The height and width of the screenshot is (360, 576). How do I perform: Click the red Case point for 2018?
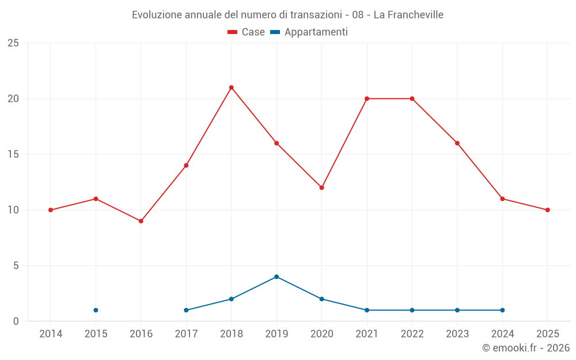pyautogui.click(x=231, y=88)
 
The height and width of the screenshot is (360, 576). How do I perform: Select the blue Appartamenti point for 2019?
pyautogui.click(x=276, y=276)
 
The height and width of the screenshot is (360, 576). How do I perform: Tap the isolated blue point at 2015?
pyautogui.click(x=96, y=310)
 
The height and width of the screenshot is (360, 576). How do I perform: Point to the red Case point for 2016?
pyautogui.click(x=141, y=221)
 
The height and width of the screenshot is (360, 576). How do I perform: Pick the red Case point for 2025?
pyautogui.click(x=547, y=210)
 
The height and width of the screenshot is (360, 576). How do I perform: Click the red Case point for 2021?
pyautogui.click(x=367, y=98)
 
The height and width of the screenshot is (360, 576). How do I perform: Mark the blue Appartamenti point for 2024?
pyautogui.click(x=502, y=310)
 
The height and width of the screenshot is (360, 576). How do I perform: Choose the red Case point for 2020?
pyautogui.click(x=321, y=188)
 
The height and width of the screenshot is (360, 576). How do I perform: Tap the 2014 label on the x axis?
pyautogui.click(x=51, y=334)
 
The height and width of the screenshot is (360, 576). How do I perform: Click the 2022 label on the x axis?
pyautogui.click(x=412, y=334)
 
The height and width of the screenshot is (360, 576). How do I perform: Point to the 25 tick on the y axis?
pyautogui.click(x=13, y=43)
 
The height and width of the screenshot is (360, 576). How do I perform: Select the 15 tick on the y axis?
pyautogui.click(x=13, y=154)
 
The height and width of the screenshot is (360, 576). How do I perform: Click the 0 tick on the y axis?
pyautogui.click(x=16, y=321)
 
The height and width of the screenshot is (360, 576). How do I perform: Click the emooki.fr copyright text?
pyautogui.click(x=526, y=348)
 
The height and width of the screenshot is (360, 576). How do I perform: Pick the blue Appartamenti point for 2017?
pyautogui.click(x=186, y=310)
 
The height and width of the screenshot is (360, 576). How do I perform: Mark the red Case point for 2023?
pyautogui.click(x=457, y=143)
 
